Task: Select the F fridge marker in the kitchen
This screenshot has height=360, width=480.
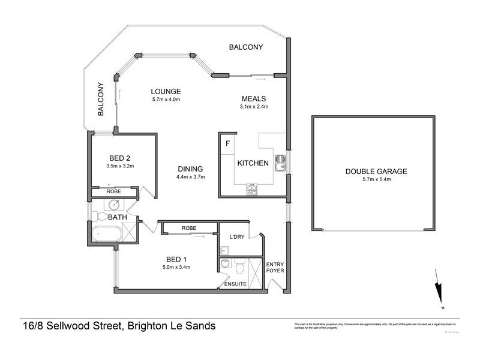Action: coord(227,143)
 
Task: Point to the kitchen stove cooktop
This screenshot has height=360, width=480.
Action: coord(253,190)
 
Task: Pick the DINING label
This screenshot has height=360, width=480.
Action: coord(190,169)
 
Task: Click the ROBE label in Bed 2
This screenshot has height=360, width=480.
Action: coord(114,191)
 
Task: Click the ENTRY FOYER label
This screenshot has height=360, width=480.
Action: coord(275,266)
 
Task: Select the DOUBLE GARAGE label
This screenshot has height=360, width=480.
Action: coord(376,171)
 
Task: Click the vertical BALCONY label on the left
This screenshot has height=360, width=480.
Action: coord(101,100)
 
